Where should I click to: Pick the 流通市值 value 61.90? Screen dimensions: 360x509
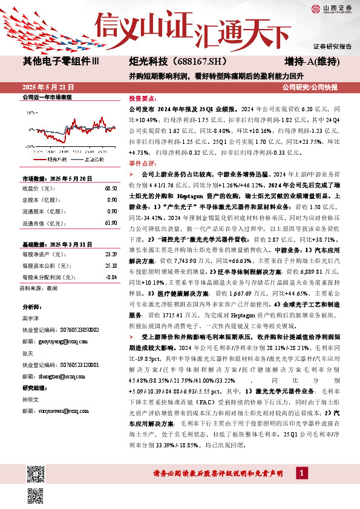(x=111, y=223)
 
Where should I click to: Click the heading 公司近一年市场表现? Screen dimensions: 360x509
(x=47, y=97)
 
